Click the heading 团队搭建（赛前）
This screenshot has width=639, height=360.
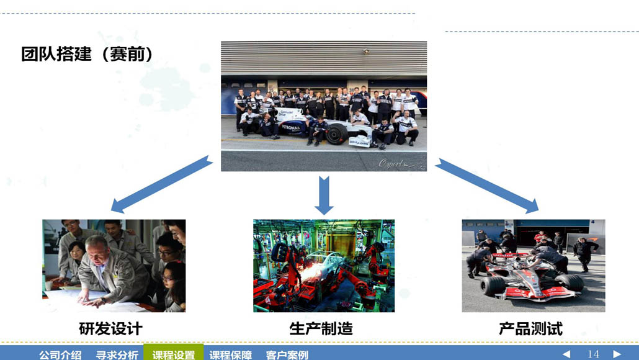(87, 54)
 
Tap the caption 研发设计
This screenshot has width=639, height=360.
(110, 328)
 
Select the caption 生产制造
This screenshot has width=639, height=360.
(321, 328)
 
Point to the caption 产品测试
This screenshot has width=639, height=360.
(530, 328)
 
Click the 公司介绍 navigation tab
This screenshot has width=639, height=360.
(60, 354)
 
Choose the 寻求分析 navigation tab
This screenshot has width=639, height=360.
(117, 354)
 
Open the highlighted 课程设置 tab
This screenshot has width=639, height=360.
(174, 354)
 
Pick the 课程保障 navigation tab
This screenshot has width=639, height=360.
(231, 354)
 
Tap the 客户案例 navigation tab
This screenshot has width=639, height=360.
(287, 354)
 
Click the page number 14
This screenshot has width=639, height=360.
(593, 354)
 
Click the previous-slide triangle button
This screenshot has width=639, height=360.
(566, 354)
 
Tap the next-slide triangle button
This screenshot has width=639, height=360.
(617, 354)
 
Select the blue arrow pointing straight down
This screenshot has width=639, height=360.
(324, 196)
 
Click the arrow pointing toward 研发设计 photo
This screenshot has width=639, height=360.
(161, 184)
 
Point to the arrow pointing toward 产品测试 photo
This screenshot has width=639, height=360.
(487, 186)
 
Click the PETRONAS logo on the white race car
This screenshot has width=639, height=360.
(291, 128)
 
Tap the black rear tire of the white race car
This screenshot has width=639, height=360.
(337, 133)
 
